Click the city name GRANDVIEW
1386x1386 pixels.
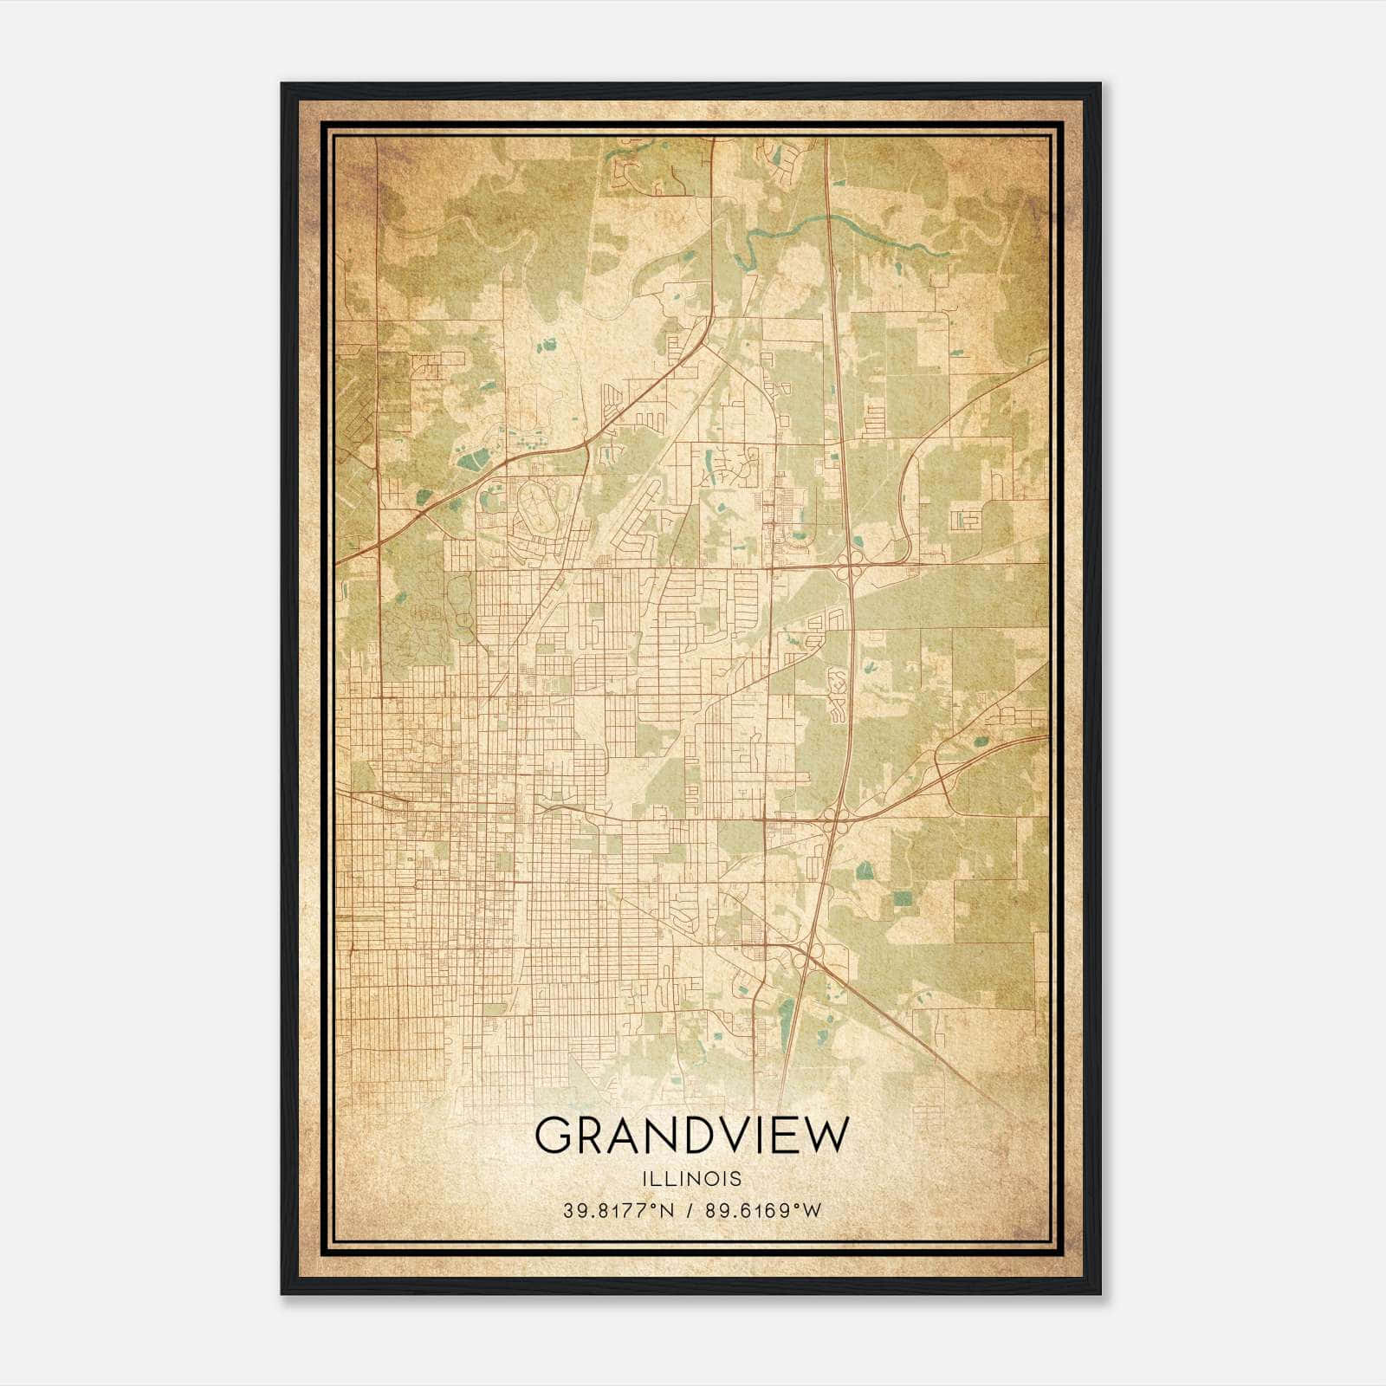[692, 1135]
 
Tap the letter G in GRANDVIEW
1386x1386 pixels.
[554, 1136]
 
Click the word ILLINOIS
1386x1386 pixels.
[692, 1179]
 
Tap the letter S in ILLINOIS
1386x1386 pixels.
[736, 1179]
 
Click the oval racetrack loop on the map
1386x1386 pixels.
[538, 507]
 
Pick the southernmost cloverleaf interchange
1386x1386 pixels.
[811, 954]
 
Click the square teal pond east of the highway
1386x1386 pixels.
[903, 898]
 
